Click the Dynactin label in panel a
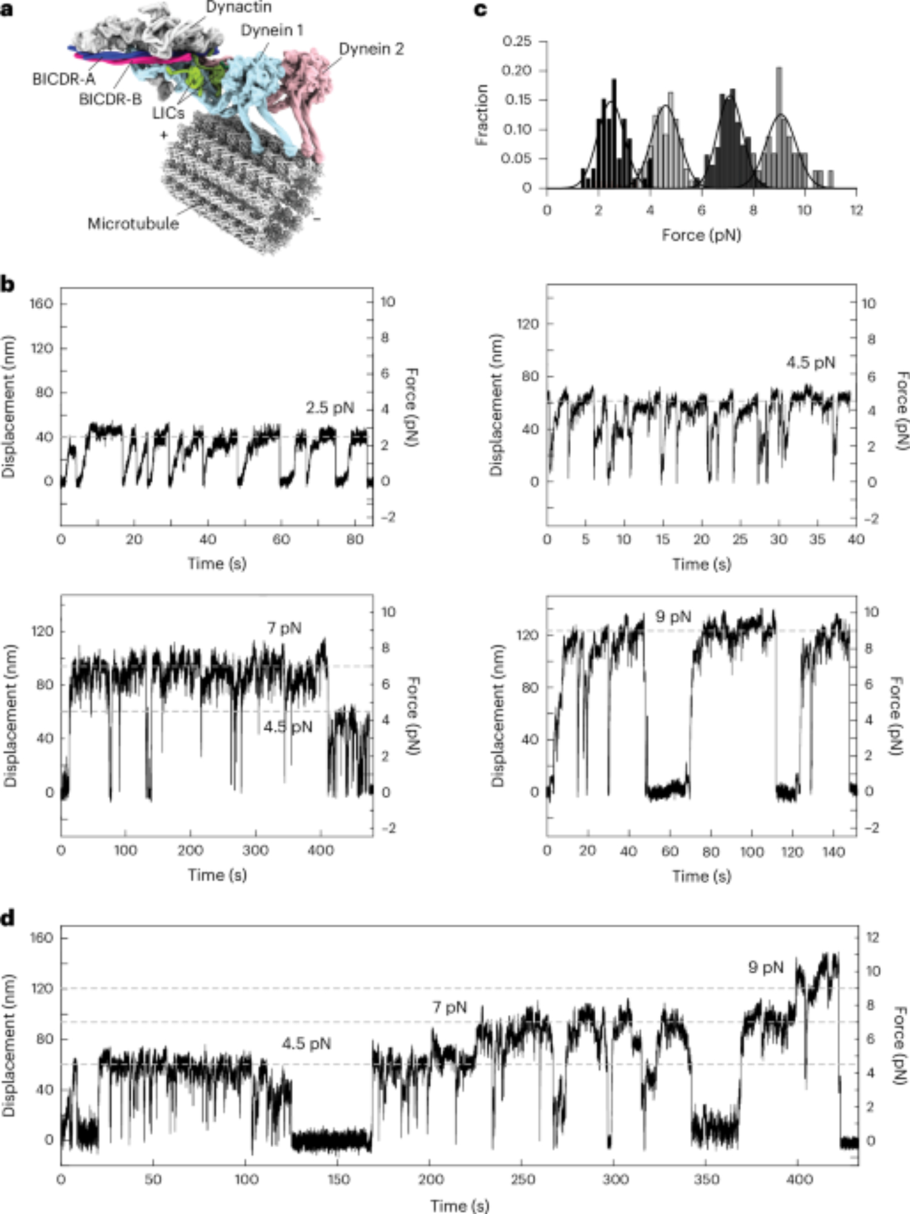(238, 7)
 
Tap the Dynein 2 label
(371, 49)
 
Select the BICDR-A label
(64, 80)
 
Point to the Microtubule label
(133, 223)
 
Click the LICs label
(168, 113)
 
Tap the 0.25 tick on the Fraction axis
(517, 41)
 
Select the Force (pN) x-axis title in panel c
(701, 234)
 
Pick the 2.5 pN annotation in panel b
(329, 407)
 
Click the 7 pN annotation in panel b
(284, 628)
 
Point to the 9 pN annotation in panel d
(766, 967)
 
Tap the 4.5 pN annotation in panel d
(306, 1043)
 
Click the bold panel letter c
(480, 10)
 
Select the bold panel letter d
(8, 918)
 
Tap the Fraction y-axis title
(482, 115)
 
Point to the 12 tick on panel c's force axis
(856, 210)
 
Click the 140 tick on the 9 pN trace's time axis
(834, 852)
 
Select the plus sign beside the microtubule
(163, 135)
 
